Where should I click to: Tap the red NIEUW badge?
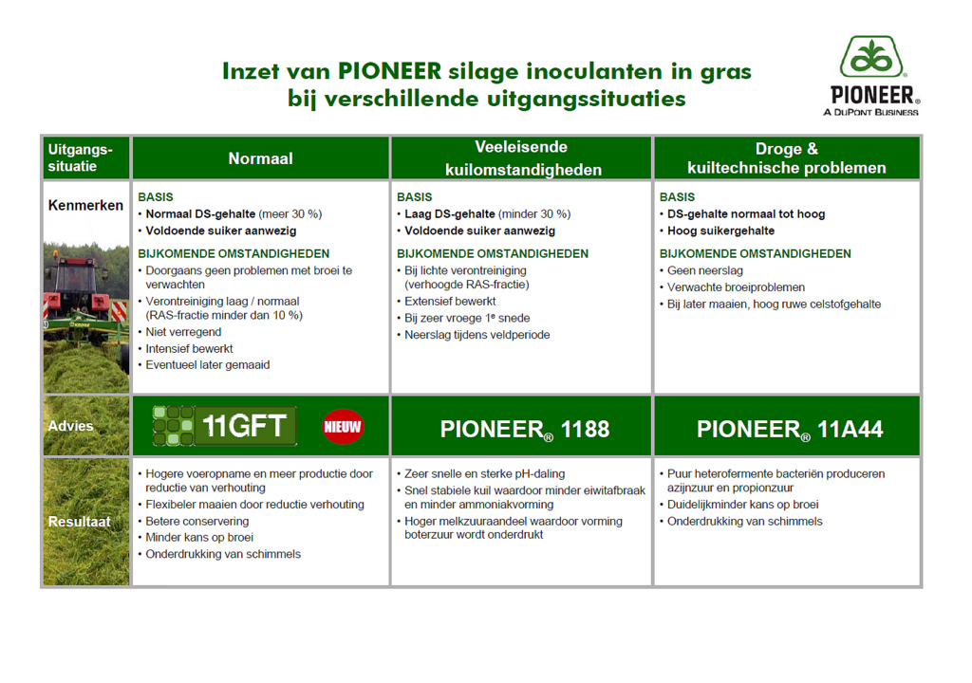[343, 427]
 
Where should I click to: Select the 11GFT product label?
[226, 427]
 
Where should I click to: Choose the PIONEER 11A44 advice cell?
[789, 429]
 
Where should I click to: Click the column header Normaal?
[260, 158]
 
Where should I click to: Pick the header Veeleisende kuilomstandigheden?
[523, 158]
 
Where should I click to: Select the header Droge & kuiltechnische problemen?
[786, 158]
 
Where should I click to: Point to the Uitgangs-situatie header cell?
[84, 157]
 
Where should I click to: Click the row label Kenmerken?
[85, 206]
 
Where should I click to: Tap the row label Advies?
[71, 426]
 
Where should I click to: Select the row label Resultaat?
[81, 522]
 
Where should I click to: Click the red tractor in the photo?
[82, 286]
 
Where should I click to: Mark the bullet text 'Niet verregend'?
[183, 332]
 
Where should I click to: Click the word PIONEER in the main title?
[389, 71]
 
